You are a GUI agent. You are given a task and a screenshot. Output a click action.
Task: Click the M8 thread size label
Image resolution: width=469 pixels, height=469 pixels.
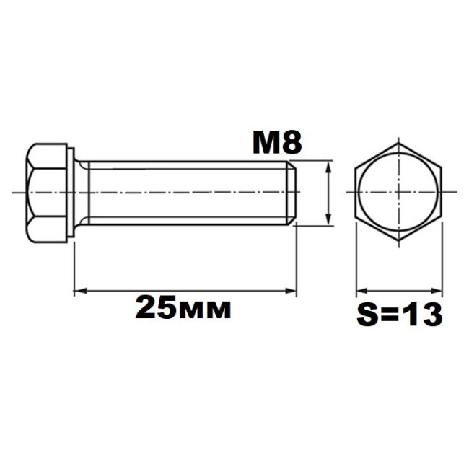tap(277, 143)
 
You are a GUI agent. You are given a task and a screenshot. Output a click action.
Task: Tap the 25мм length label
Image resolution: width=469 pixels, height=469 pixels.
tap(183, 307)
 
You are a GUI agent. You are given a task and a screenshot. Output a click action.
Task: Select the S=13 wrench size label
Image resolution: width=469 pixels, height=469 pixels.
tap(400, 315)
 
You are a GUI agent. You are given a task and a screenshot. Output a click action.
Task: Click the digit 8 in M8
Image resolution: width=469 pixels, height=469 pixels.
tap(292, 143)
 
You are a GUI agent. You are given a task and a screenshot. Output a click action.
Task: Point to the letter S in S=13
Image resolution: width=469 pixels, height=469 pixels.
tap(367, 315)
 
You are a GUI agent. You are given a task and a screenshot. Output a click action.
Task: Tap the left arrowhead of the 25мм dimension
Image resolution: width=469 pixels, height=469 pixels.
tap(80, 290)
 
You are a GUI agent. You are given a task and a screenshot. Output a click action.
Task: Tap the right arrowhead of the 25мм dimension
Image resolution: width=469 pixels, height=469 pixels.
tap(291, 290)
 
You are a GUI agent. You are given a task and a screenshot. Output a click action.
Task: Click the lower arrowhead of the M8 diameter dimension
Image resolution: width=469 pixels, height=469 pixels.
tap(329, 219)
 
